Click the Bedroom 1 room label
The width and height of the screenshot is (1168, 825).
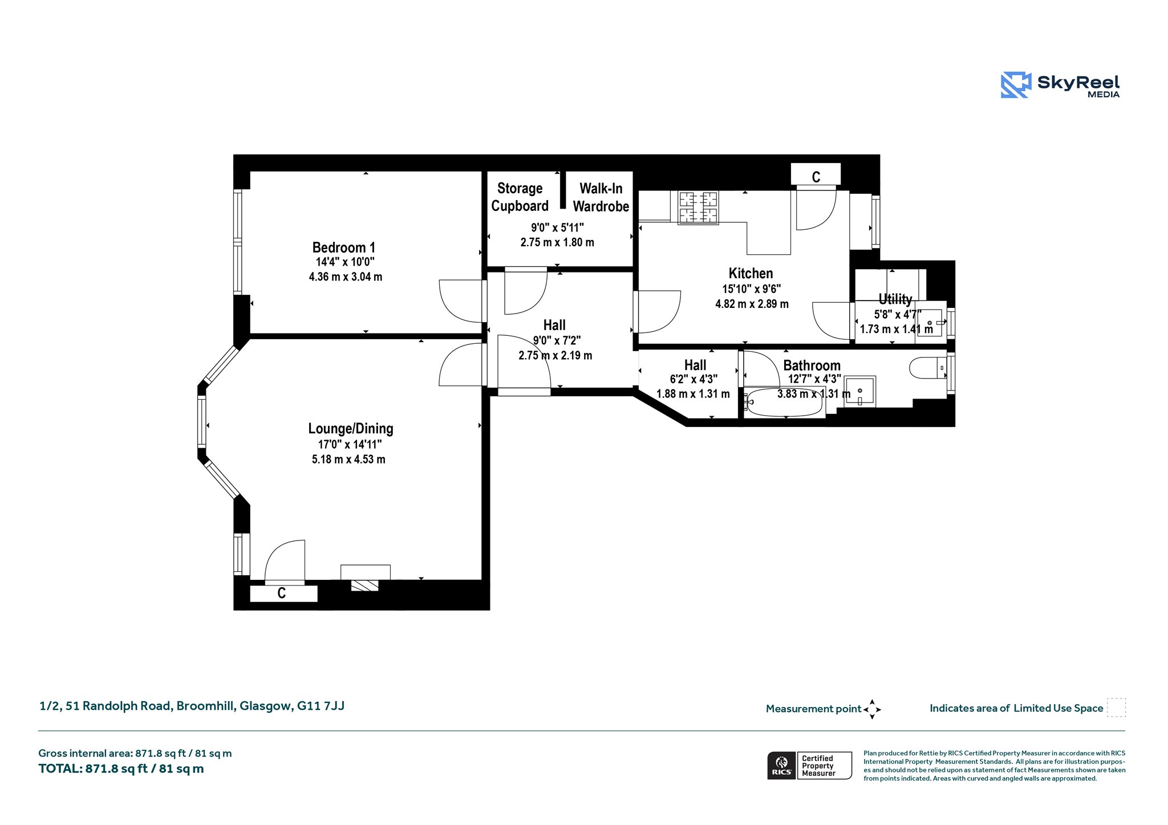(x=344, y=247)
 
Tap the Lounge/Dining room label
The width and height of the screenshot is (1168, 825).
(x=351, y=429)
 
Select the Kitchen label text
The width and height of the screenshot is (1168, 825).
(x=751, y=273)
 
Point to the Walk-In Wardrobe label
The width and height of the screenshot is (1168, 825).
(x=601, y=197)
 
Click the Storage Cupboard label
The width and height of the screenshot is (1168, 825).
(x=520, y=197)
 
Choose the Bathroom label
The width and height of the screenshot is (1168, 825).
(x=812, y=365)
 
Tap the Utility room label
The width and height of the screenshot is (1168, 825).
(x=895, y=299)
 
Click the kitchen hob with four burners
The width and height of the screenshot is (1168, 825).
(x=698, y=208)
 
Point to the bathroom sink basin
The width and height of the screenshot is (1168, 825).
(x=859, y=391)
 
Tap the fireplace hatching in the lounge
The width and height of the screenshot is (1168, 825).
(x=364, y=586)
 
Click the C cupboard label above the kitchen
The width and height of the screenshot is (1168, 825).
(x=816, y=177)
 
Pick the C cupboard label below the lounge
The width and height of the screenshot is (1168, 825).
(x=281, y=594)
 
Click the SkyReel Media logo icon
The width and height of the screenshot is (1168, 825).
(x=1016, y=85)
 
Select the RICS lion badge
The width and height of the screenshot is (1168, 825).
(x=782, y=765)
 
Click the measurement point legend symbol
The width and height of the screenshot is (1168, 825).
(x=872, y=709)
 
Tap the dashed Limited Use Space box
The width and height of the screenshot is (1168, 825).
(x=1116, y=708)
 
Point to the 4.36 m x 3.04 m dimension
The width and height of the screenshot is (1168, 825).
(x=346, y=277)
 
